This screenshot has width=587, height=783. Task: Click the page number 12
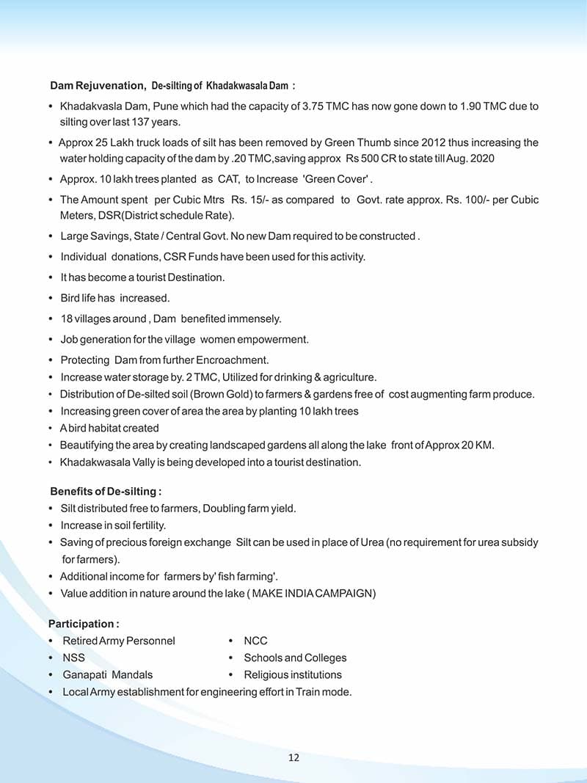click(x=293, y=757)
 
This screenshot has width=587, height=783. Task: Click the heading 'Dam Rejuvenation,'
click(x=98, y=86)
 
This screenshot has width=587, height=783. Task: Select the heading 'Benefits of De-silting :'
click(x=106, y=491)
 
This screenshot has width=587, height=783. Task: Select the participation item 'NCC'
click(x=255, y=641)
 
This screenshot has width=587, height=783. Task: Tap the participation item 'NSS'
click(x=73, y=658)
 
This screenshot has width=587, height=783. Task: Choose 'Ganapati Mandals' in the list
click(x=107, y=674)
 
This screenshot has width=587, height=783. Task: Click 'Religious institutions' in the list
click(x=293, y=674)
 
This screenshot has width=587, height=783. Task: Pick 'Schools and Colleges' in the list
click(x=295, y=658)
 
